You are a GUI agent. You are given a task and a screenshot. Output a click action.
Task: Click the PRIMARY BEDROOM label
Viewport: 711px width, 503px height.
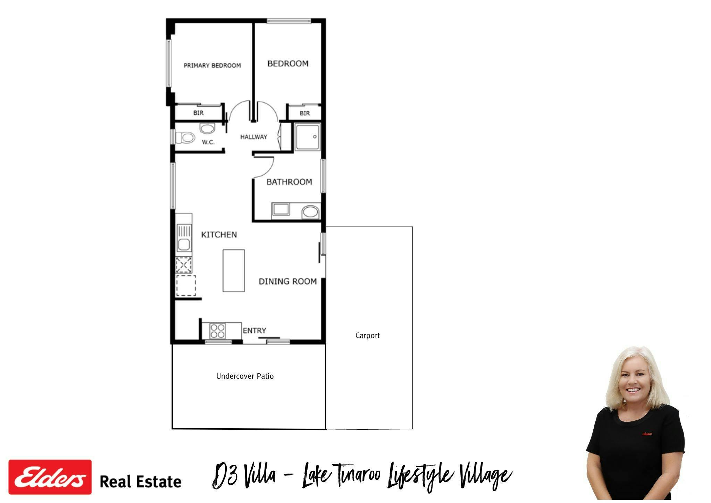(212, 65)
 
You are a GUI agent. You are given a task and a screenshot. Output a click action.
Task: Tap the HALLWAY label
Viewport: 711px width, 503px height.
(254, 137)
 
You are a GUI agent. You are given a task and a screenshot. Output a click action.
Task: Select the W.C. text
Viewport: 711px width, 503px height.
(208, 142)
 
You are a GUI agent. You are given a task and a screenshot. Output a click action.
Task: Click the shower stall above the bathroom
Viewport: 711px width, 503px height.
(308, 137)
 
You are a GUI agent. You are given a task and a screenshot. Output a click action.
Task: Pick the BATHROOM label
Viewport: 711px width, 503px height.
(289, 182)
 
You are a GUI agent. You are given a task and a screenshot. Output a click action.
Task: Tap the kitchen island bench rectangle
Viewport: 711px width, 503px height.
(234, 271)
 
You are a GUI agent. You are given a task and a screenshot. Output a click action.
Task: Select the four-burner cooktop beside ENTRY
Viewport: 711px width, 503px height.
(217, 331)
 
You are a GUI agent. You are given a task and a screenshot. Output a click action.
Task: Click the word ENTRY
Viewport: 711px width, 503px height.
(254, 330)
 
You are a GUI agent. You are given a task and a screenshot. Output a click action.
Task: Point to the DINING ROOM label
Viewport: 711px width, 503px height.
(288, 281)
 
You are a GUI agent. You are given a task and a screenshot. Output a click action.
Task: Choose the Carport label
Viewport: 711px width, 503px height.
(367, 336)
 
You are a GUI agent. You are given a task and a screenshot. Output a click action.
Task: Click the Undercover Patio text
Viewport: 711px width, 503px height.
(245, 376)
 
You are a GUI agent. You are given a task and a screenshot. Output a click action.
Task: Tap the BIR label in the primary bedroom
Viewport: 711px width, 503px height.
(199, 113)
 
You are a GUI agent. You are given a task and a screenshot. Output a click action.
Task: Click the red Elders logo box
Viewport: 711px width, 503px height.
(50, 477)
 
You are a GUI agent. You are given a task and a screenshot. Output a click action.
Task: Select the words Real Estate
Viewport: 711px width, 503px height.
(141, 482)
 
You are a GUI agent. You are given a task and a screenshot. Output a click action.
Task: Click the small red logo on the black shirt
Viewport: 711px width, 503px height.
(647, 434)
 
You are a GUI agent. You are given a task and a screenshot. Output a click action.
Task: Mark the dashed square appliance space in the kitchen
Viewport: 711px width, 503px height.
(186, 286)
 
